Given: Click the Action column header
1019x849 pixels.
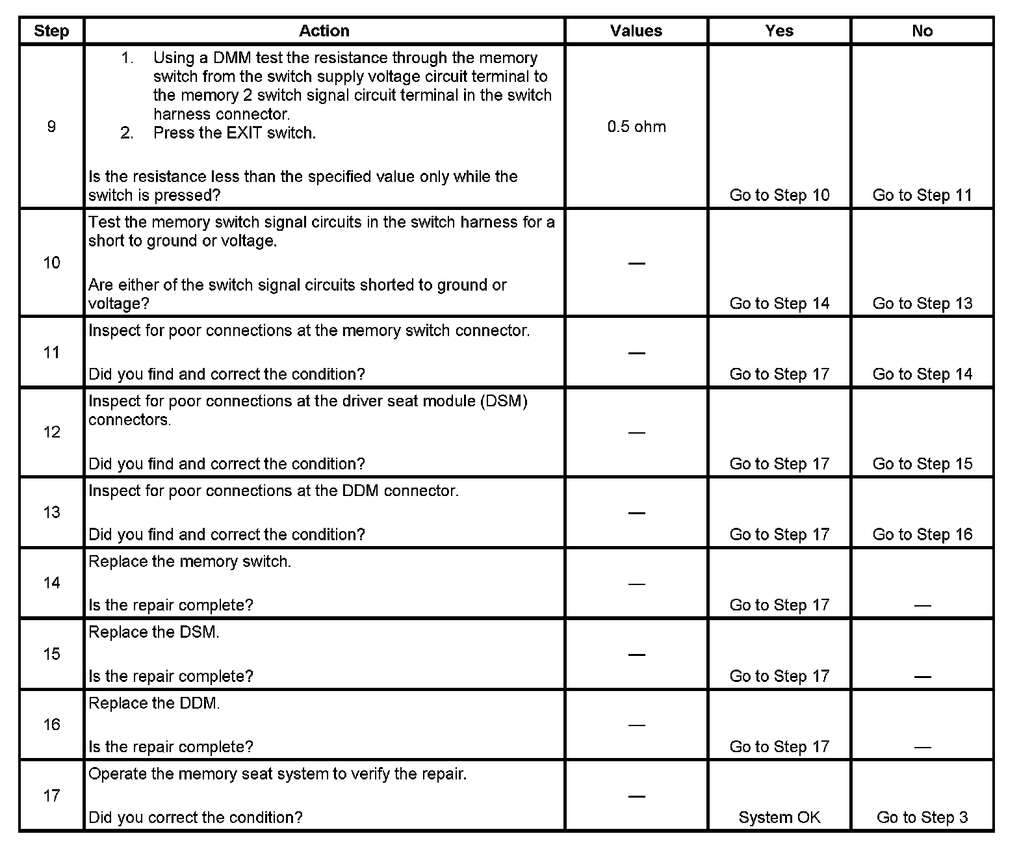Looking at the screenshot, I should tap(324, 31).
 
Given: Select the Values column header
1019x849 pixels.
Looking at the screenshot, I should tap(636, 31).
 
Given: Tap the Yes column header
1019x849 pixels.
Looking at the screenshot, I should tap(779, 31).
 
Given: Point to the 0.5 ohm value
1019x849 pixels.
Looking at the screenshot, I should tap(636, 127).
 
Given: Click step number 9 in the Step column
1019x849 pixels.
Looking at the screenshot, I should tap(51, 127).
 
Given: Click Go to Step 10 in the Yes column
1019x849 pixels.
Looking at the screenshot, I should tap(779, 195).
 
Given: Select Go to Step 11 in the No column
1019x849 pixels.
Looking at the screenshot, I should tap(922, 195).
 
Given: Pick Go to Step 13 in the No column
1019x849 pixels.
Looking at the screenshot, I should tap(922, 303).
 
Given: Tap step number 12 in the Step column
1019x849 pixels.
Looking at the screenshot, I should tap(51, 432).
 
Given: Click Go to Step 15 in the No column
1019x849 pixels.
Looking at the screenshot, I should tap(922, 464).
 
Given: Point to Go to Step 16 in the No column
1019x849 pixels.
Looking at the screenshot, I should tap(922, 534).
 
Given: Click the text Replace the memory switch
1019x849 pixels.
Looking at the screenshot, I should tap(190, 562).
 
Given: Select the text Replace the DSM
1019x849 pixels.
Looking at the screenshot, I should tap(154, 633).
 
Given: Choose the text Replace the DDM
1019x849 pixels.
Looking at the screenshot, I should tap(154, 703).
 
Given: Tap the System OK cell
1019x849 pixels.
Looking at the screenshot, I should tap(779, 817).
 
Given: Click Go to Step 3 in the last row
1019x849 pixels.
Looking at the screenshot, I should tap(922, 817).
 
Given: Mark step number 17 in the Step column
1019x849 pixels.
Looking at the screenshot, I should tap(51, 796).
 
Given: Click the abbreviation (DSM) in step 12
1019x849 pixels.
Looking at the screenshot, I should tap(504, 401).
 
